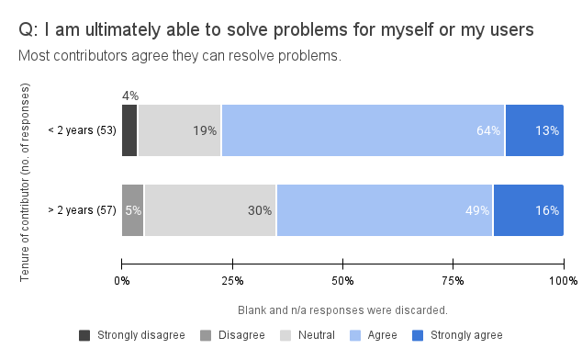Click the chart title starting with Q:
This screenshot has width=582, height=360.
(275, 30)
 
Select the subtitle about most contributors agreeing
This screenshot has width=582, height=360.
(180, 56)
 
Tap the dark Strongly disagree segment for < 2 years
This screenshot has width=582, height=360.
(129, 130)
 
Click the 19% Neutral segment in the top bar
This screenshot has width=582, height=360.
(179, 130)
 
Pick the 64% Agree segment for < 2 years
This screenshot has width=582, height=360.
(363, 130)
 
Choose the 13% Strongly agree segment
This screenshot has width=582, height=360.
(534, 130)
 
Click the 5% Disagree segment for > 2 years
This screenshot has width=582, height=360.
(133, 210)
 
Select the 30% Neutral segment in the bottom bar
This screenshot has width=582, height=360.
(210, 210)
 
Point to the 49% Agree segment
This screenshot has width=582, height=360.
(385, 210)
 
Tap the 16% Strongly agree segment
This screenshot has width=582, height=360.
(529, 210)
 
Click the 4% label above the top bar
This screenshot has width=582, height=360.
(129, 96)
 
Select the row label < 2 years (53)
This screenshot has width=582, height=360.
(82, 130)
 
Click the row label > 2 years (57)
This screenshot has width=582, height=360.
(82, 210)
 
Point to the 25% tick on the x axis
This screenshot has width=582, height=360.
(232, 279)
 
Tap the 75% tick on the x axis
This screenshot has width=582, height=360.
(453, 279)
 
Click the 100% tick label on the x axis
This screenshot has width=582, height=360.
(562, 279)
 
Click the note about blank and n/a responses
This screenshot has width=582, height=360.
(342, 309)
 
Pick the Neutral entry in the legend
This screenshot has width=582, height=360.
(308, 335)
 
